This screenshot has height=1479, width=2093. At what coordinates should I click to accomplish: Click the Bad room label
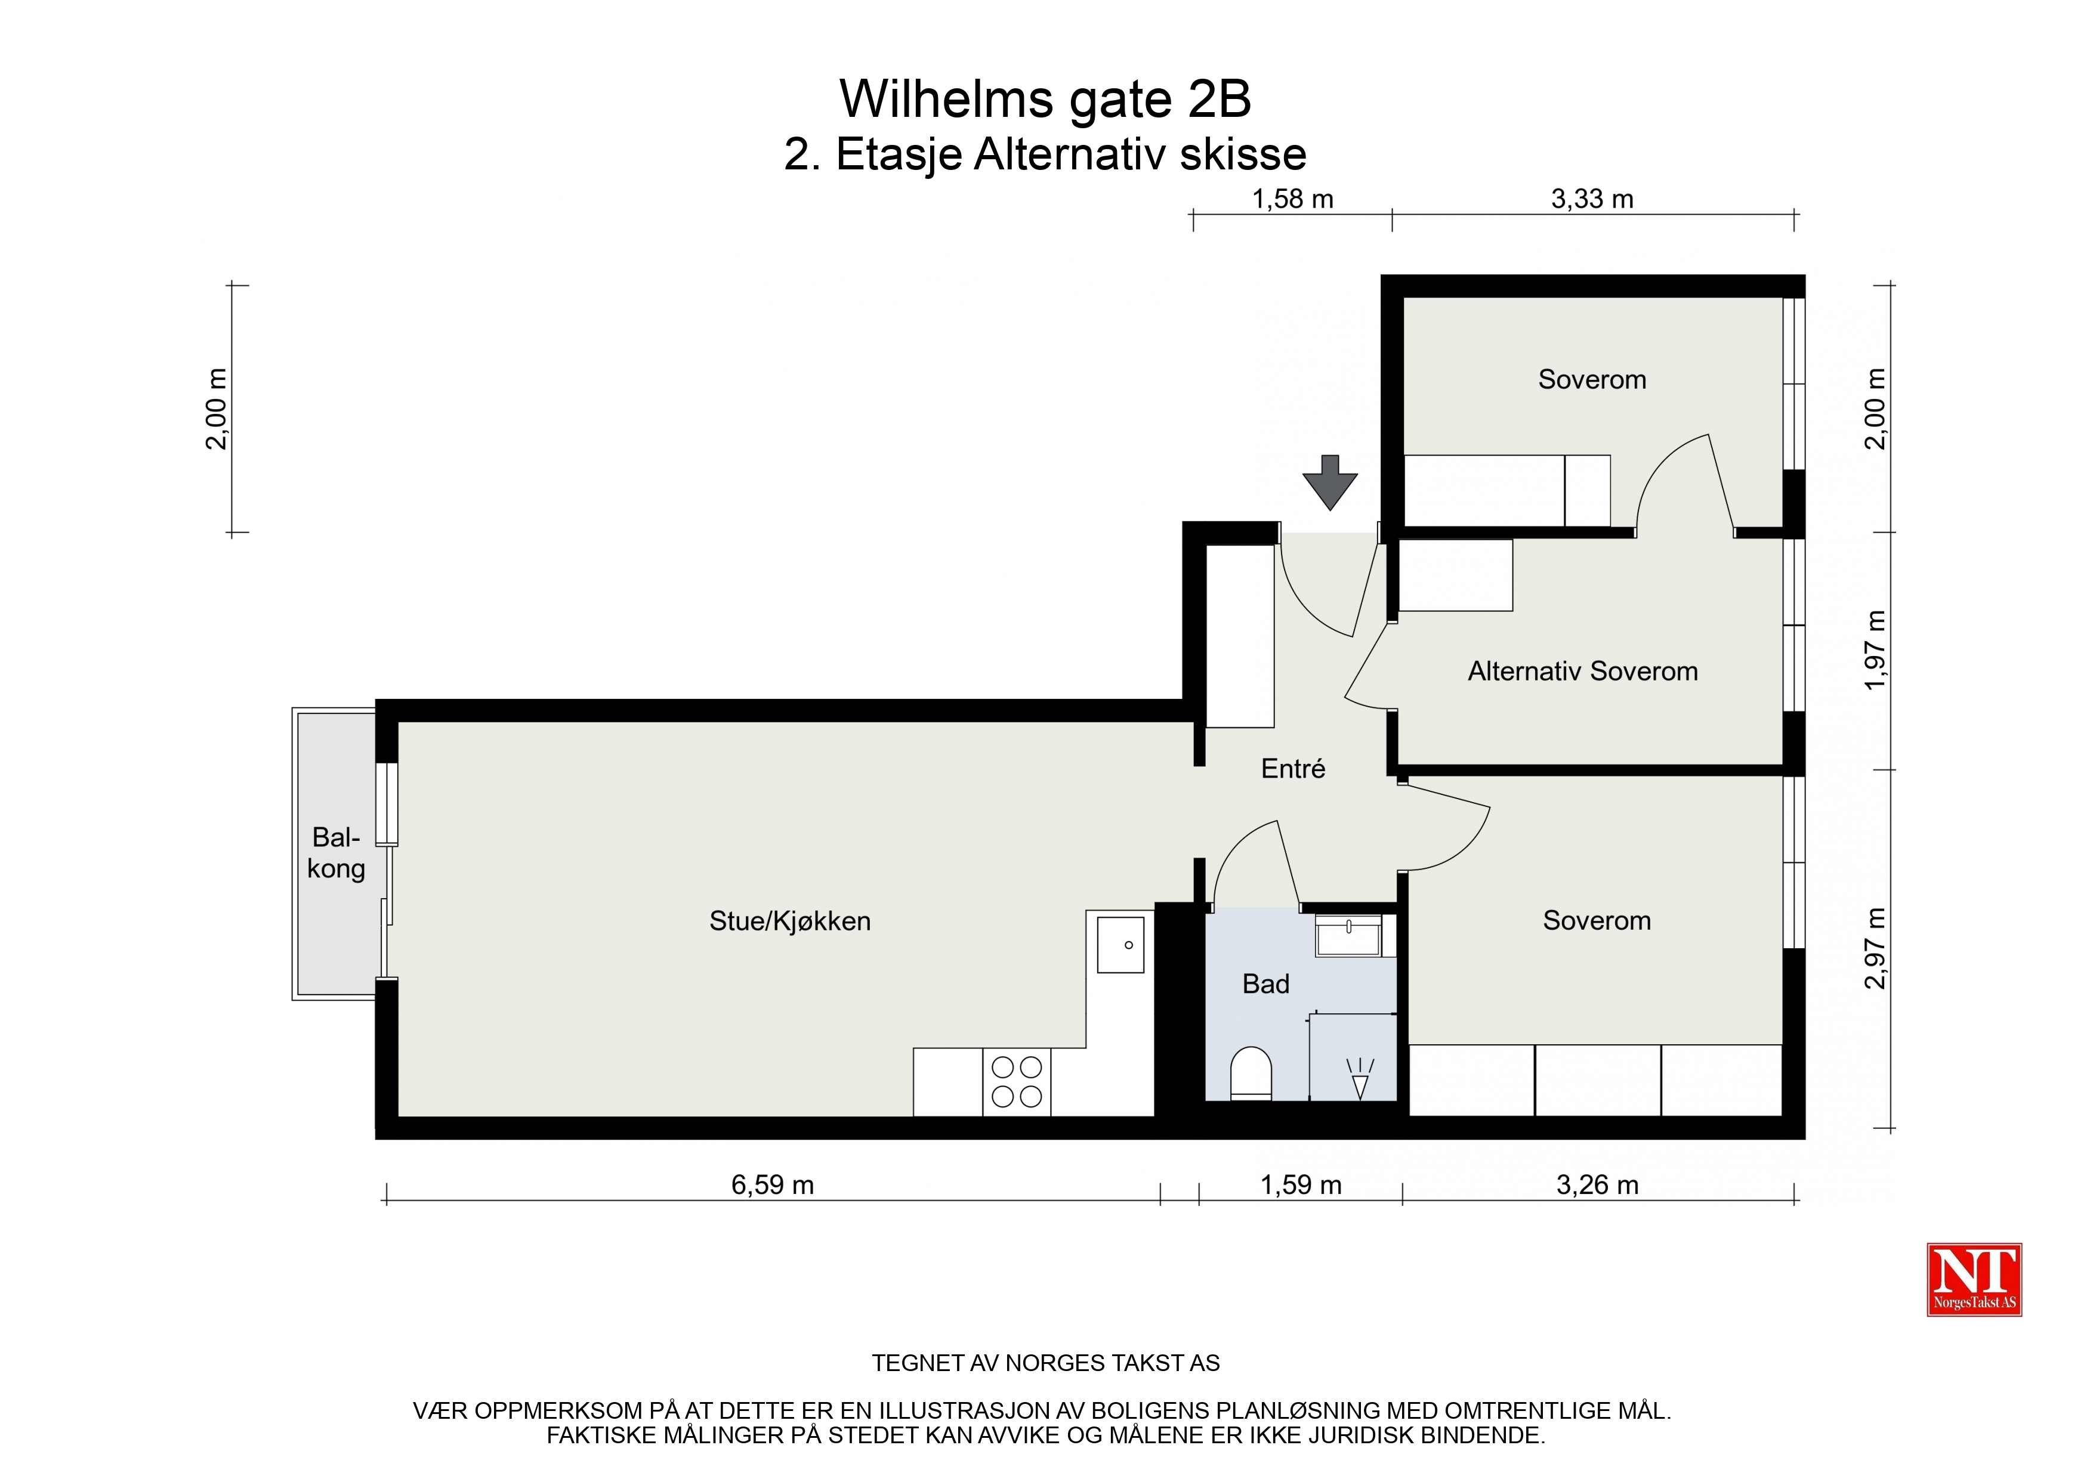tap(1265, 984)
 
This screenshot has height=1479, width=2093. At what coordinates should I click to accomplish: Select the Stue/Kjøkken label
tap(789, 921)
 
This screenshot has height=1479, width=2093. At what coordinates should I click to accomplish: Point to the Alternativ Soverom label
tap(1582, 672)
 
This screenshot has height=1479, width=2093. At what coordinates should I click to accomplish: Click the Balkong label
tap(335, 853)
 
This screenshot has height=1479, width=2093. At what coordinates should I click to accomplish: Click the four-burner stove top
tap(1017, 1082)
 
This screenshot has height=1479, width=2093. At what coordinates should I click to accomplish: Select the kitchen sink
tap(1120, 945)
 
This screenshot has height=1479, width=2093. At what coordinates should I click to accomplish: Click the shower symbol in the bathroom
tap(1360, 1079)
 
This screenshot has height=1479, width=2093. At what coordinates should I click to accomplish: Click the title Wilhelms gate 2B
tap(1045, 98)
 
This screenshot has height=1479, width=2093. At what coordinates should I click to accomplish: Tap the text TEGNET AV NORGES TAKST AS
tap(1045, 1363)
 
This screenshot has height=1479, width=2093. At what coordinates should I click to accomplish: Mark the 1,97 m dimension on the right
tap(1875, 649)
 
